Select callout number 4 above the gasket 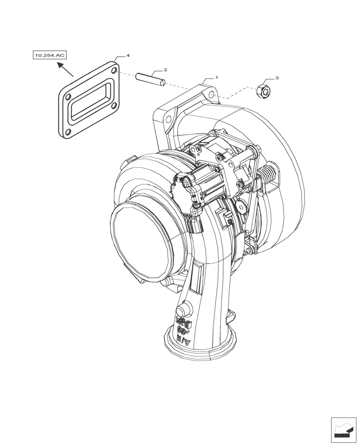[128, 56]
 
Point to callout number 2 [165, 70]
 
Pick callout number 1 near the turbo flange [217, 78]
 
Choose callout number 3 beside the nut [277, 78]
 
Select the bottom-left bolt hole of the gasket [68, 132]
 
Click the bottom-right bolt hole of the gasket [115, 106]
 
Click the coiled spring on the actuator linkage [269, 172]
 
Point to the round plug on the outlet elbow [184, 309]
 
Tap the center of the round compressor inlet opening [143, 241]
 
